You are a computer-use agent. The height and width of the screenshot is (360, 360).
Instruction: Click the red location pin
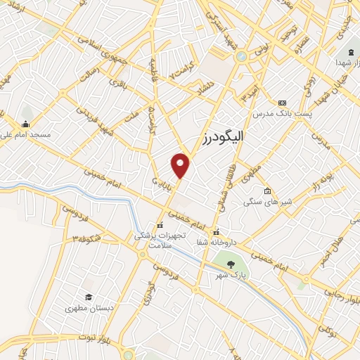pos(181,165)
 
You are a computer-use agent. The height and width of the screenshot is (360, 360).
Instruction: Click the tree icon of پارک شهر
pos(232,265)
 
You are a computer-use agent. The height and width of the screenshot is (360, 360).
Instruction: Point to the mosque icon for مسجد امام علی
pos(27,113)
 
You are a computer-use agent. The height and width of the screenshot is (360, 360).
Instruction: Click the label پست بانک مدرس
pos(283,113)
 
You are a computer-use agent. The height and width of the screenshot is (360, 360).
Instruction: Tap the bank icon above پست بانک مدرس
pos(283,102)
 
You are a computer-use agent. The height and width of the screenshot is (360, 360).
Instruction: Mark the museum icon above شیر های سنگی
pos(267,191)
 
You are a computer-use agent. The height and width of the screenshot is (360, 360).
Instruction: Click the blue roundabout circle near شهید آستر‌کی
pos(242,56)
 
